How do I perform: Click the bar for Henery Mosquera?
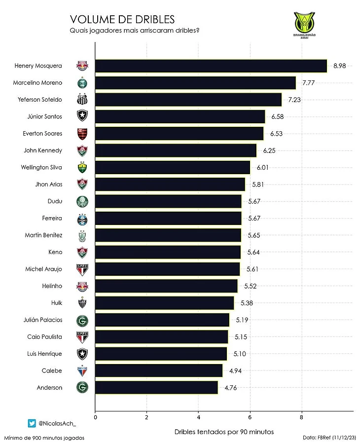point(211,66)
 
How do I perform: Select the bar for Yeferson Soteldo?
point(188,100)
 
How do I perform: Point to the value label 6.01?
point(262,167)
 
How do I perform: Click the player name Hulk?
point(56,302)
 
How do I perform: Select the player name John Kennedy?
point(43,150)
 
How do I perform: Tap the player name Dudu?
point(55,201)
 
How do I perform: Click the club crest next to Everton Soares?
point(82,134)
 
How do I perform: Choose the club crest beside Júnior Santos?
point(82,116)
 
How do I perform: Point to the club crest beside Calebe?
point(82,370)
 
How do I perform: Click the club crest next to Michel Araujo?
point(82,269)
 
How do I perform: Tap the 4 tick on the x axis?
point(198,417)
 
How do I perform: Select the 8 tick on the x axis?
point(302,417)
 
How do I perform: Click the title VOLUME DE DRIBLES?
point(122,19)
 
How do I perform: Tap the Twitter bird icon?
point(32,423)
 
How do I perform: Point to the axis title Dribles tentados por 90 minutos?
point(224,432)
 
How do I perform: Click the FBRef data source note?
point(329,437)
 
